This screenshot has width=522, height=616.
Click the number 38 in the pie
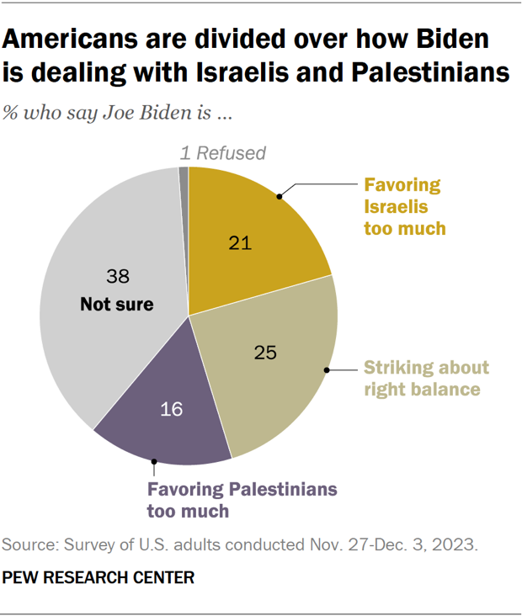point(117,275)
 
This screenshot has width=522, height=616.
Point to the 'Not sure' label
point(117,305)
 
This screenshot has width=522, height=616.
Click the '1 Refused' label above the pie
point(222,152)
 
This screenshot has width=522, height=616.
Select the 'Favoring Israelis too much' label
point(403,206)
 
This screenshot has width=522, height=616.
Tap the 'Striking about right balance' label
point(425,379)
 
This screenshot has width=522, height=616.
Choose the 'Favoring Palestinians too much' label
point(242,499)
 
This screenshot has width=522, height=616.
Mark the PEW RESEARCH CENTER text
point(99,578)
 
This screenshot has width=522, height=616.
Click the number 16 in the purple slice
point(172,411)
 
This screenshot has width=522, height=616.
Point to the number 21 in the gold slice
point(241,243)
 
